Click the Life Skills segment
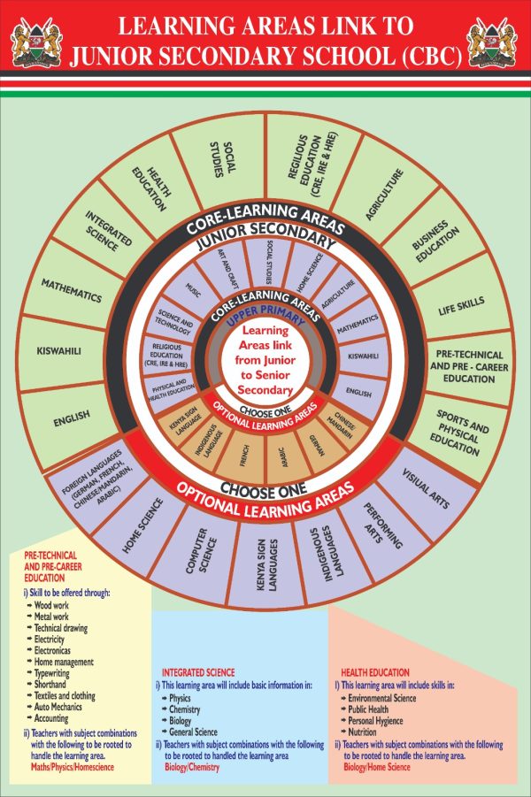point(461,303)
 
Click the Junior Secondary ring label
point(264,240)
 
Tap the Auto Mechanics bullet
point(59,707)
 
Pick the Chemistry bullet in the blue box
point(184,709)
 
